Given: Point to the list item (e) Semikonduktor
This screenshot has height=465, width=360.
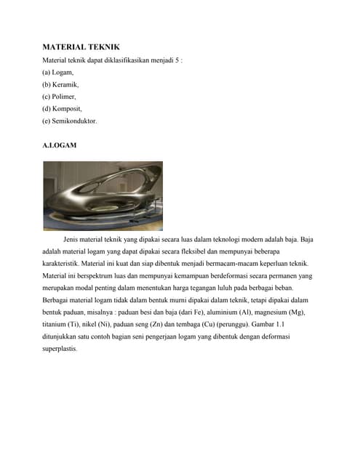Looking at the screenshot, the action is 70,121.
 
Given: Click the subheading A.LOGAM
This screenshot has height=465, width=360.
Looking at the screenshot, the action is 60,145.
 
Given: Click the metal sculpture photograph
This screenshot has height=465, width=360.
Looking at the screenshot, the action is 103,195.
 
